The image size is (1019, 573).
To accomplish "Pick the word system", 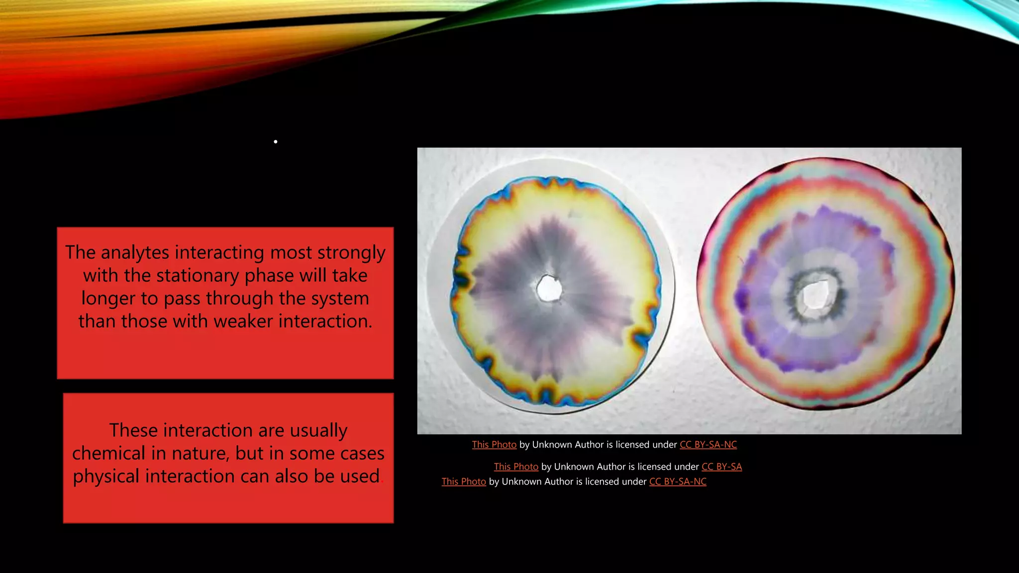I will pos(339,298).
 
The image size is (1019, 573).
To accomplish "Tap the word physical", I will pos(106,477).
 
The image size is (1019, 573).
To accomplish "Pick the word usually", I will pos(318,430).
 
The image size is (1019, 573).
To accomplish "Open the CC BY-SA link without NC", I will pos(721,467).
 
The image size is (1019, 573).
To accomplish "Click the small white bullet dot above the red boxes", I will pos(275,142).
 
